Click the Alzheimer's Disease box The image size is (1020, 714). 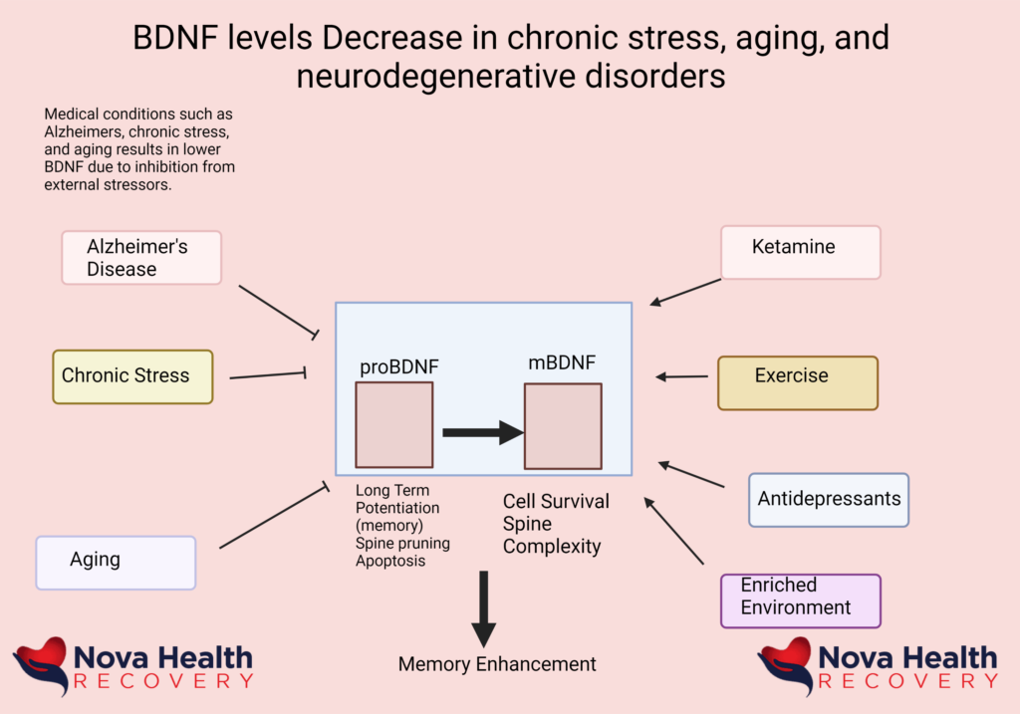[x=140, y=257]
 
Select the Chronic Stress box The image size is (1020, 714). [x=132, y=376]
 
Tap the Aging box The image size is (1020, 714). [x=116, y=562]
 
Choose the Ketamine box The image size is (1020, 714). [x=801, y=252]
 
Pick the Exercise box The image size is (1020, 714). [x=797, y=382]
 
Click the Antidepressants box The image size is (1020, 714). [x=828, y=499]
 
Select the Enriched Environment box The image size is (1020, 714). [x=800, y=600]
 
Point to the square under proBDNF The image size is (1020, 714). [x=393, y=425]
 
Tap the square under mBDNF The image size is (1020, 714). [x=563, y=426]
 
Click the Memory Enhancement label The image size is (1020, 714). [x=497, y=664]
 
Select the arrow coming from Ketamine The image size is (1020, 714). [x=685, y=292]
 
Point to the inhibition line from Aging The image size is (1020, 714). [x=273, y=517]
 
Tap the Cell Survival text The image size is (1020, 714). [x=556, y=502]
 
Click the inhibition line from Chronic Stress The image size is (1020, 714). [x=267, y=375]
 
